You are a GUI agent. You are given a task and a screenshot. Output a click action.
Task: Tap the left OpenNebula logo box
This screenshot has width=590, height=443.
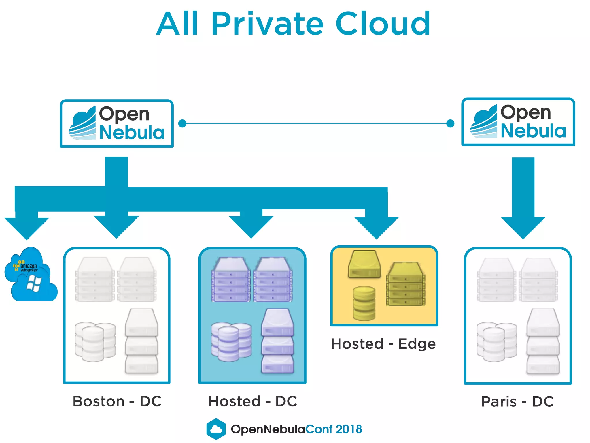coord(117,123)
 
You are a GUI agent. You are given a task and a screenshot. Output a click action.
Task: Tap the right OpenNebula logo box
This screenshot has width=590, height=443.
coord(518,122)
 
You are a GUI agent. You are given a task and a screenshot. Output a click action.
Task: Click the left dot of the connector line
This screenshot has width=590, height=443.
coord(182,123)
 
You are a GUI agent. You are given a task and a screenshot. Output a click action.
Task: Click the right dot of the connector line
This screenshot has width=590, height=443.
coord(450,123)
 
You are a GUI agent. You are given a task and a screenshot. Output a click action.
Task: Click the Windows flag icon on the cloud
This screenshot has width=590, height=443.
coord(34,284)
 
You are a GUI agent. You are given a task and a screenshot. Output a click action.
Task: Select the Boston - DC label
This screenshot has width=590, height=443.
coord(117,401)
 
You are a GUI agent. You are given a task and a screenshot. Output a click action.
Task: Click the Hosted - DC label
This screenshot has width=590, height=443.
coord(252,401)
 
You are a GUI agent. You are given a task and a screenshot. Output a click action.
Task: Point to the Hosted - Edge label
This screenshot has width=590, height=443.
coord(383,344)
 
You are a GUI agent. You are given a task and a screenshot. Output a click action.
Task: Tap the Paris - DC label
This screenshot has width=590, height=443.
coord(517,401)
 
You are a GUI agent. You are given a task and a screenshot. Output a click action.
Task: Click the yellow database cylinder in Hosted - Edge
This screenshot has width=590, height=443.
coord(364,303)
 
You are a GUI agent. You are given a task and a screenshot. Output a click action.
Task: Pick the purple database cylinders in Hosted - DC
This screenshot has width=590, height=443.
coord(231,342)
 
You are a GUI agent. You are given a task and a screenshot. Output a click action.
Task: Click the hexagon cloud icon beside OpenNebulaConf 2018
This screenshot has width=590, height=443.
coord(216,429)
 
